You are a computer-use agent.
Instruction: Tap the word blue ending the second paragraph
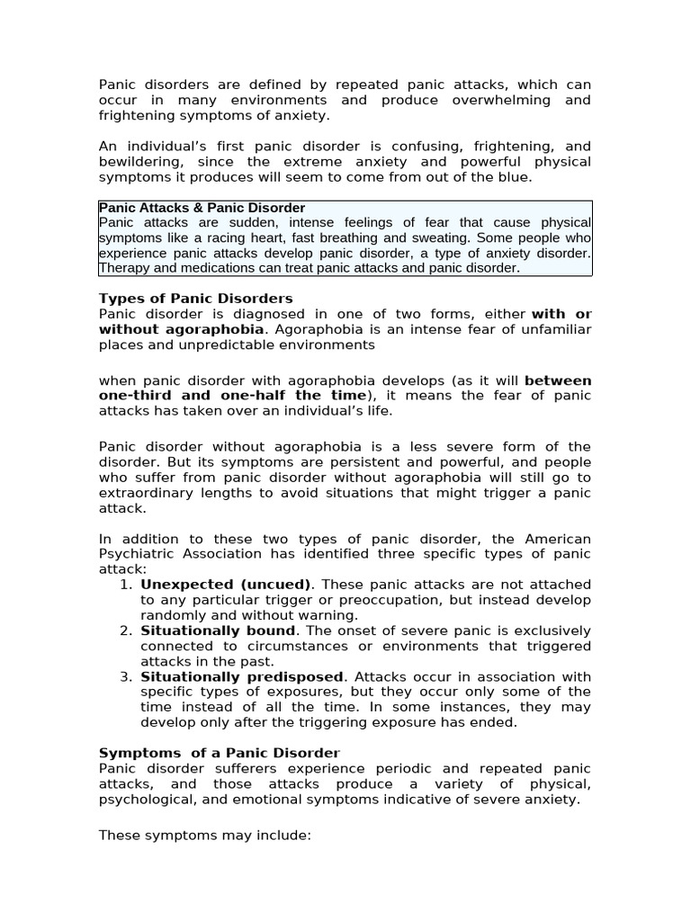tap(511, 177)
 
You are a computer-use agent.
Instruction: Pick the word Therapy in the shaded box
tap(123, 268)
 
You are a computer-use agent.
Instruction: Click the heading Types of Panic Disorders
tap(195, 299)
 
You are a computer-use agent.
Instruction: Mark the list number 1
tap(125, 585)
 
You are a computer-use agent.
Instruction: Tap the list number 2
tap(125, 630)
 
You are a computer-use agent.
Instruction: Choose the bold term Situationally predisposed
tap(242, 676)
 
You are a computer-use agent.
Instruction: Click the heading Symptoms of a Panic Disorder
tap(220, 753)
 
